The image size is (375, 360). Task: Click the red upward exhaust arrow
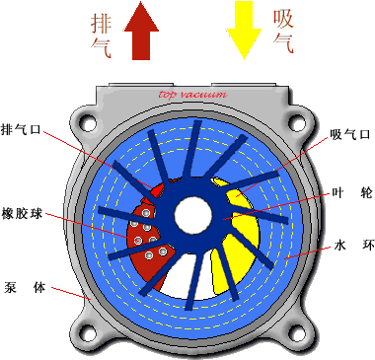[x=144, y=36]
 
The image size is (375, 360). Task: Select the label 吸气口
[x=348, y=134]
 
